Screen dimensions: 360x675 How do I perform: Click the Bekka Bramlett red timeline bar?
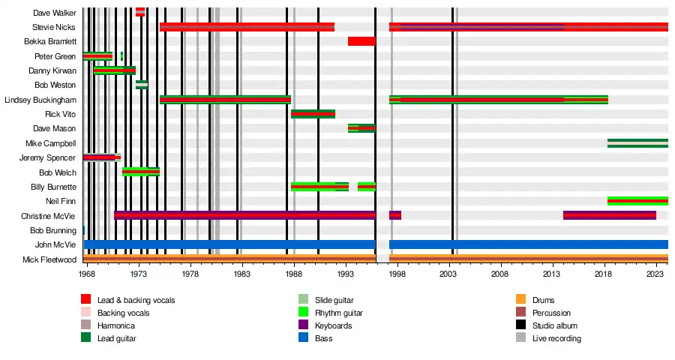[361, 41]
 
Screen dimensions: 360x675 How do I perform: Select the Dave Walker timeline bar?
[140, 12]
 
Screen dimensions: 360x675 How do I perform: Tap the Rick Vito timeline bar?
[313, 114]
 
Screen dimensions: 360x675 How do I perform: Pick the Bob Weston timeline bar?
[142, 85]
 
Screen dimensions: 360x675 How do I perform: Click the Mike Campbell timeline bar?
[637, 143]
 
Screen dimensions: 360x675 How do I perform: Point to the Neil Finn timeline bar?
[637, 201]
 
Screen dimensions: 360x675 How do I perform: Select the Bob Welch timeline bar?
[141, 172]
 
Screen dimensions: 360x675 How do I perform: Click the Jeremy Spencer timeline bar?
[100, 157]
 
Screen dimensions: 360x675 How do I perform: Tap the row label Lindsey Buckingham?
[40, 100]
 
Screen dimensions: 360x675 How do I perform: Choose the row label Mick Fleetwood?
[49, 259]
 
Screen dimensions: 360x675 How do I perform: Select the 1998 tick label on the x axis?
[397, 275]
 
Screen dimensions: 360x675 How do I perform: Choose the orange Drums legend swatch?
[520, 300]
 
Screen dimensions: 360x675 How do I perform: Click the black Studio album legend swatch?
[520, 325]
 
